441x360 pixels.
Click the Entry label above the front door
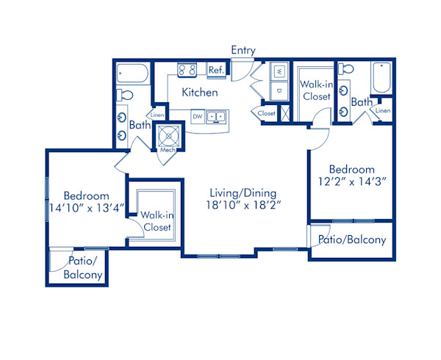[243, 51]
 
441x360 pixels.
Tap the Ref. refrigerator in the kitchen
[216, 70]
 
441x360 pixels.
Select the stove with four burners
[187, 70]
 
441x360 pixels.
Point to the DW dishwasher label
[198, 116]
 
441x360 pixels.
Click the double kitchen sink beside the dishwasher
[216, 117]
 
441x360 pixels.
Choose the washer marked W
[279, 71]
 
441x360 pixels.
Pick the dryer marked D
[279, 91]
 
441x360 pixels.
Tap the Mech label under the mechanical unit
[168, 150]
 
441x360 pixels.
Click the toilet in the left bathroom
[125, 95]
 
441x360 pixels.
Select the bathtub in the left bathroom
[132, 73]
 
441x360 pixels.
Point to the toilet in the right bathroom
[345, 68]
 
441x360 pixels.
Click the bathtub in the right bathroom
[381, 78]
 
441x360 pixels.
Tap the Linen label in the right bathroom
[383, 110]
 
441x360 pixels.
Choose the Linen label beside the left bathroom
[157, 115]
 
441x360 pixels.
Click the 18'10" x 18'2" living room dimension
[243, 205]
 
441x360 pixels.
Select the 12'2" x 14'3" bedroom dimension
[351, 181]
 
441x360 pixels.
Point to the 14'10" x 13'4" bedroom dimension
[87, 208]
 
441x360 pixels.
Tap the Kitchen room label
[200, 92]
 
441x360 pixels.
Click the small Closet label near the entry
[266, 113]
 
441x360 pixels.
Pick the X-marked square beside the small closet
[285, 113]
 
